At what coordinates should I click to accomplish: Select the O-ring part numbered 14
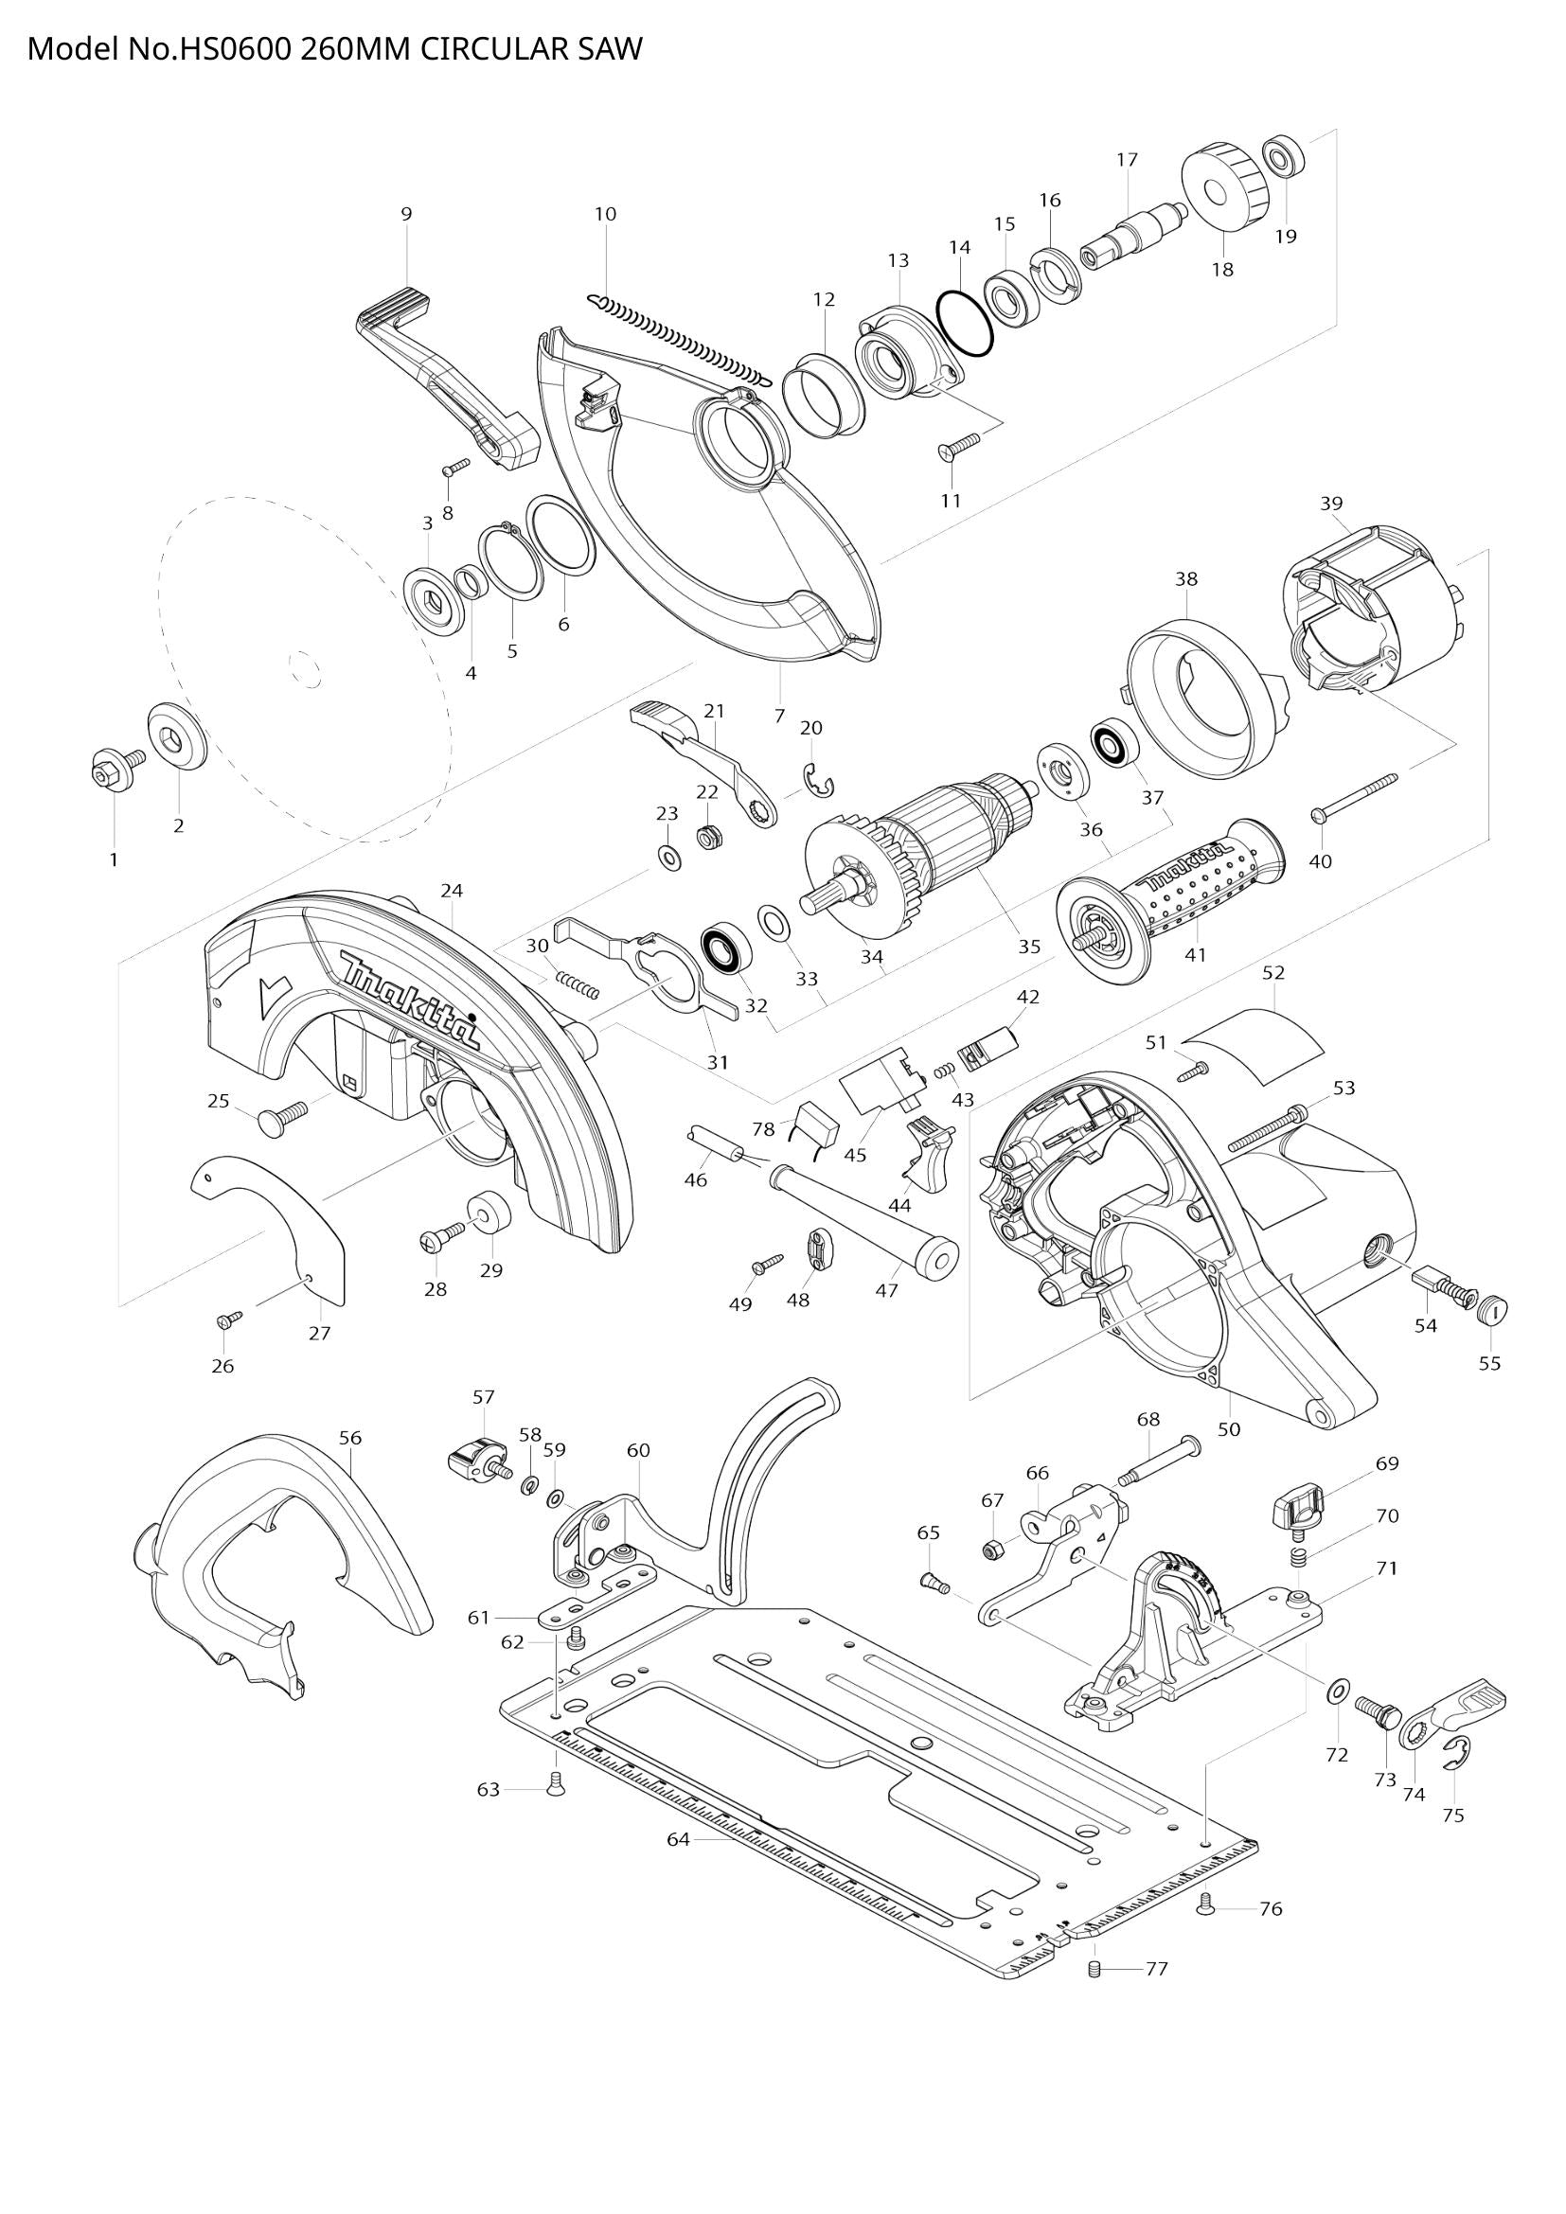[963, 323]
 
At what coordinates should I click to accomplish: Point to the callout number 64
[678, 1840]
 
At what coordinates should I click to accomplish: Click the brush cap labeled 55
[1492, 1310]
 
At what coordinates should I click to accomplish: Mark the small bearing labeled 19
[1283, 156]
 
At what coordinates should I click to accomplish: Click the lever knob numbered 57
[474, 1458]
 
